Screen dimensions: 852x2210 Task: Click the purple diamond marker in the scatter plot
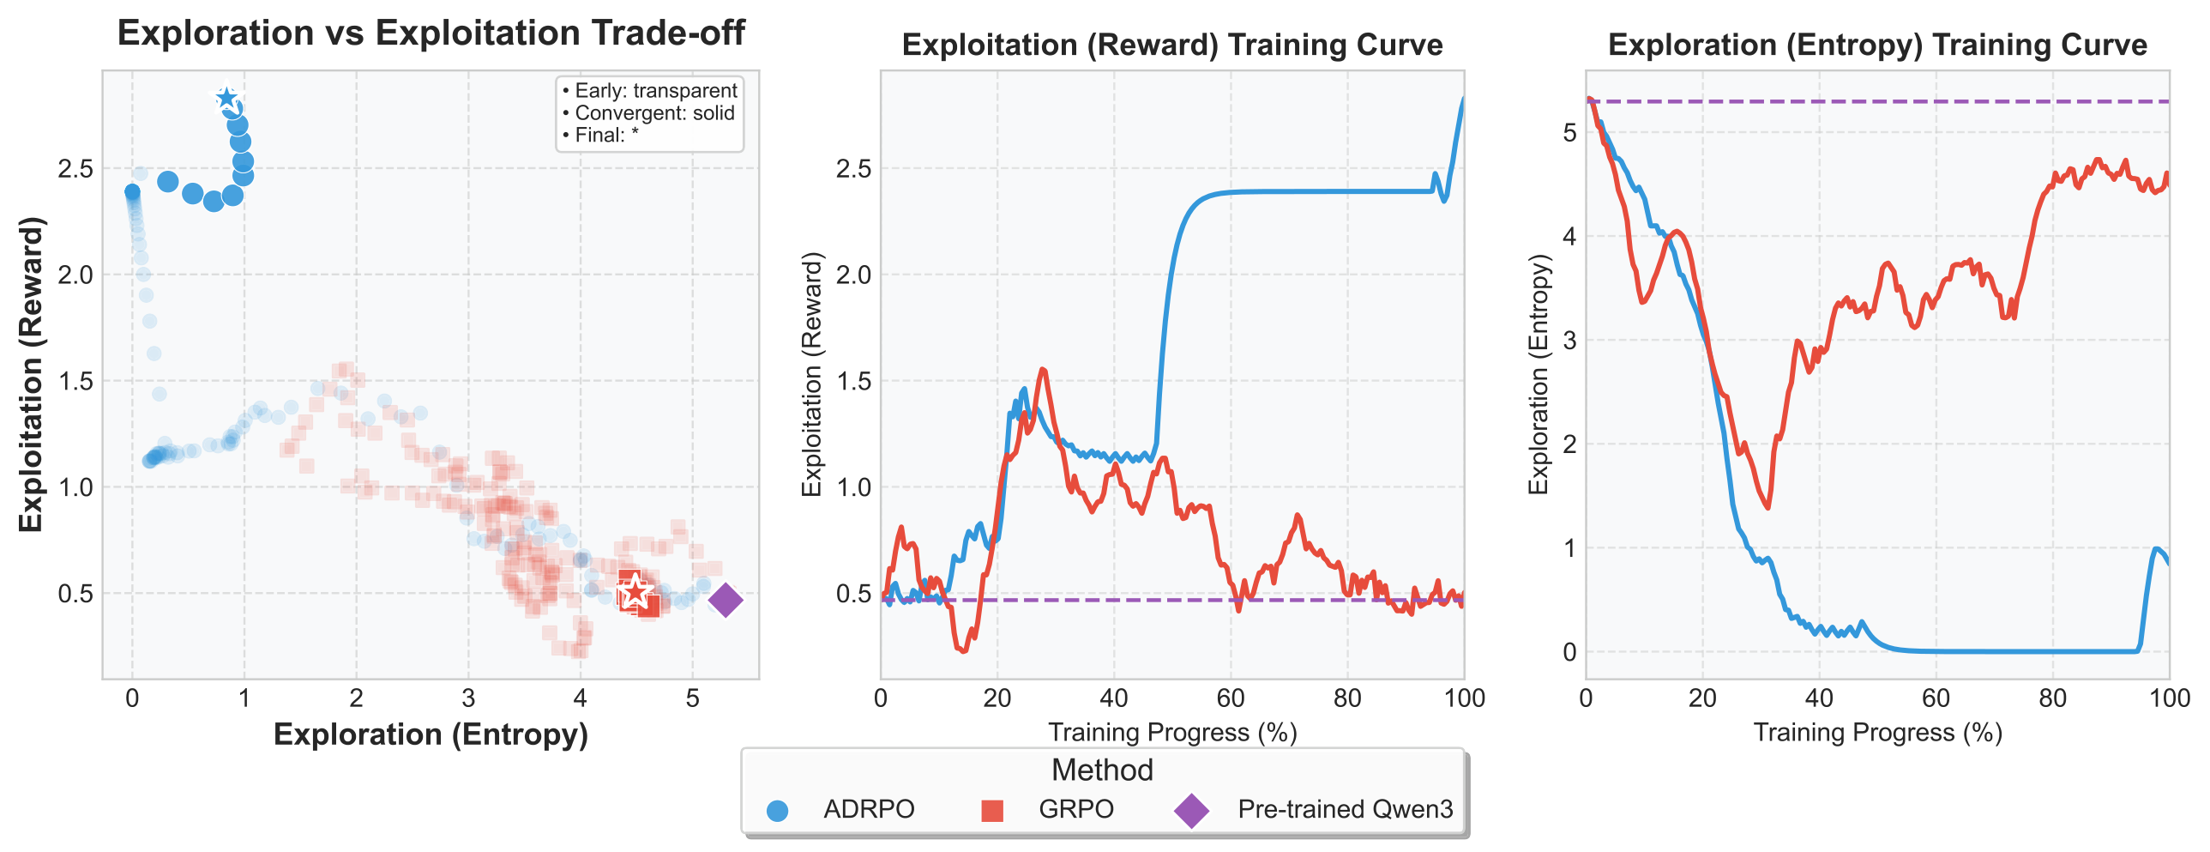point(725,600)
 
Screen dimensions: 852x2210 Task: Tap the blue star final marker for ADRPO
point(226,99)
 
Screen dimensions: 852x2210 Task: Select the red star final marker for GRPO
point(635,592)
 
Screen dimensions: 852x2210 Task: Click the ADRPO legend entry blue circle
point(777,810)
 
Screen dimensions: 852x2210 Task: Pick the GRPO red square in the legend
point(991,810)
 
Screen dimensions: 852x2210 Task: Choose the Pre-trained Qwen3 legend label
point(1345,809)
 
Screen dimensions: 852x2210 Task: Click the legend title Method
point(1101,770)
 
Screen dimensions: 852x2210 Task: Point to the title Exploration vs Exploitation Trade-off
point(431,33)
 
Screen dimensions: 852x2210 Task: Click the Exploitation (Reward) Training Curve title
point(1172,45)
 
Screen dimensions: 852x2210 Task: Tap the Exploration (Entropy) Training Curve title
point(1877,45)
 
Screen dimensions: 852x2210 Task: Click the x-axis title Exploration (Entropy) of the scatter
point(431,734)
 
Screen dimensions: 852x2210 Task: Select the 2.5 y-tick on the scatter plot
point(75,168)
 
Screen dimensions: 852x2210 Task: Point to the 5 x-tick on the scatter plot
point(692,698)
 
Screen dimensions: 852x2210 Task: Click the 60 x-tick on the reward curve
point(1231,698)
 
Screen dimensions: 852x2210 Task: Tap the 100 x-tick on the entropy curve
point(2169,698)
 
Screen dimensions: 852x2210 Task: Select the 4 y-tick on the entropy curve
point(1569,236)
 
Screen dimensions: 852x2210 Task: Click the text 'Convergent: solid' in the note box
point(653,113)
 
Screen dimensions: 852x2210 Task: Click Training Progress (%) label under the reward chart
point(1172,732)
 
